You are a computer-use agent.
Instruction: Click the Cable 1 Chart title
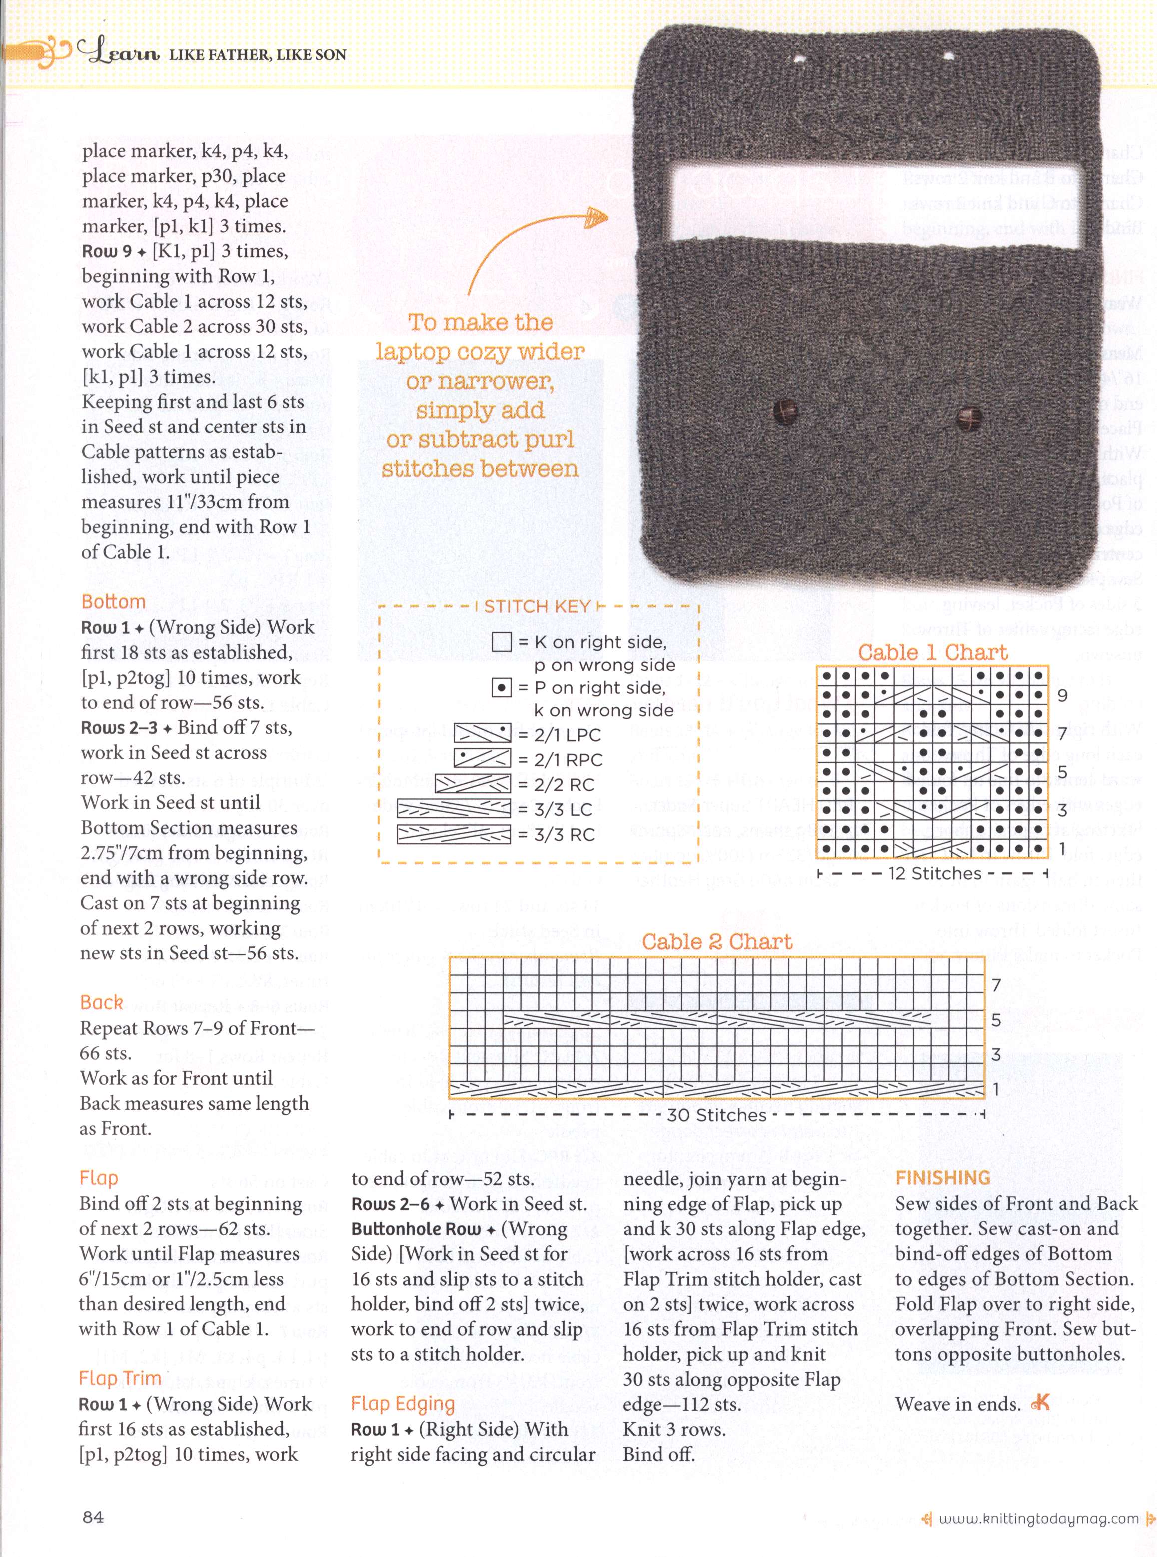[x=932, y=652]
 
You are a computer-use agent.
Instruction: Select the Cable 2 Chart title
[x=717, y=942]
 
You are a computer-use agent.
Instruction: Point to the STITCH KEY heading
[x=537, y=607]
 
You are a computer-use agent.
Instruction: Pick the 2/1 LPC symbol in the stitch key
[x=483, y=734]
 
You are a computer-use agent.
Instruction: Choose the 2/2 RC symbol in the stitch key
[x=473, y=785]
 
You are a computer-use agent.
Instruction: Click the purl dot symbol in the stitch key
[x=502, y=688]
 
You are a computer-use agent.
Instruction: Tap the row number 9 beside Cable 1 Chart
[x=1062, y=696]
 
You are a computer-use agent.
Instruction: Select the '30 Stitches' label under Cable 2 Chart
[x=716, y=1114]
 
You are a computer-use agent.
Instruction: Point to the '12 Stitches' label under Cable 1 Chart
[x=934, y=873]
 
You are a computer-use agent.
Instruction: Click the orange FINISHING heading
[x=943, y=1178]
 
